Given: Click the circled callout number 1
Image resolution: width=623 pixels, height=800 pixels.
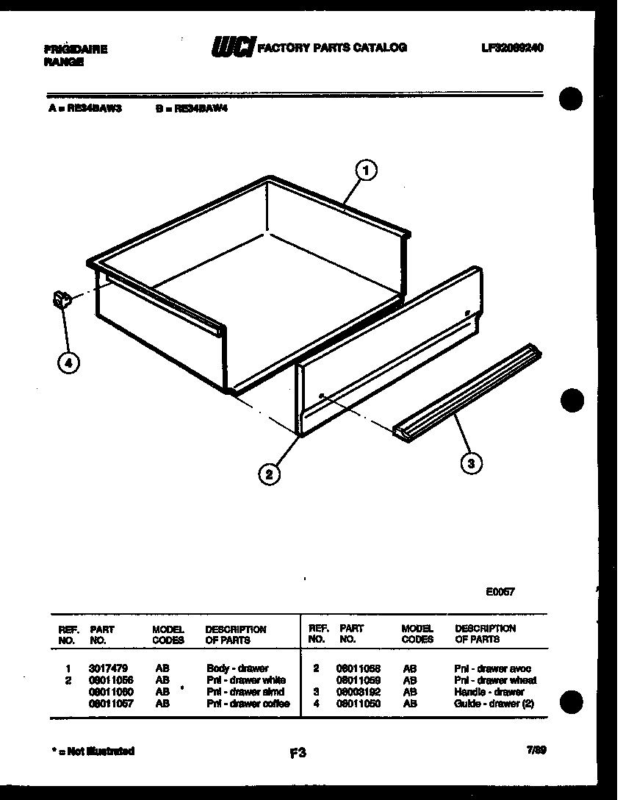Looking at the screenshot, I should (x=366, y=171).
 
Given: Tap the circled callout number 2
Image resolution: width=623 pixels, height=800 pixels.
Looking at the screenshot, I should (x=270, y=475).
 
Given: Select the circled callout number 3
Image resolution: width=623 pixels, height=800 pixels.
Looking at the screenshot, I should (x=471, y=463).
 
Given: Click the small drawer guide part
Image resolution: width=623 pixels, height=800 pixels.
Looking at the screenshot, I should (x=61, y=299).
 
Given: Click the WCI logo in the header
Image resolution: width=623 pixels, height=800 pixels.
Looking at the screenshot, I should (x=233, y=48).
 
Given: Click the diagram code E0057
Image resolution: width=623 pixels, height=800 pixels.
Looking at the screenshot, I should (x=500, y=590).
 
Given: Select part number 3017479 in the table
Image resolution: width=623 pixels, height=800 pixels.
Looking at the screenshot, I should (x=108, y=669).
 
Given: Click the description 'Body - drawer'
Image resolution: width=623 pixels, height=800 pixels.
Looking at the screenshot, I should (x=237, y=669).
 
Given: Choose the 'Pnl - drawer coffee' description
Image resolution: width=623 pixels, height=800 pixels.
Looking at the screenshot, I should (x=248, y=704).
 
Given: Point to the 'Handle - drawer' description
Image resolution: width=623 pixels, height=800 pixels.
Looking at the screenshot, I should (x=489, y=692).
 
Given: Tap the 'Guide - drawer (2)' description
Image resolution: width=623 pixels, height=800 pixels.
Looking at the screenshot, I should (x=494, y=704).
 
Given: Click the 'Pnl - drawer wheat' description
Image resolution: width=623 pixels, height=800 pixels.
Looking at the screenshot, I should (x=494, y=680).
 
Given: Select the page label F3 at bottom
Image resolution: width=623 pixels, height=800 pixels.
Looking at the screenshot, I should (x=297, y=752).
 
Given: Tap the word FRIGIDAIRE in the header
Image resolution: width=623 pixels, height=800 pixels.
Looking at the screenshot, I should (x=76, y=50).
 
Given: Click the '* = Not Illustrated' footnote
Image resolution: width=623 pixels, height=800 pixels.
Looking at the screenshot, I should (x=93, y=751).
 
